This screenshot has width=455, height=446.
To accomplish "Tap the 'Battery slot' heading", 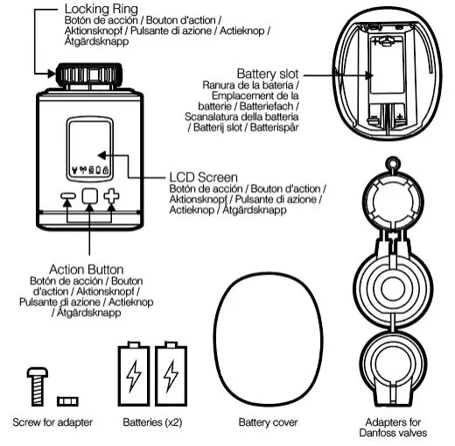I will [270, 73].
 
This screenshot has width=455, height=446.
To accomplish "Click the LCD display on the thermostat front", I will [90, 148].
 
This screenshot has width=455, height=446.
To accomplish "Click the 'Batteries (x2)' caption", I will [152, 422].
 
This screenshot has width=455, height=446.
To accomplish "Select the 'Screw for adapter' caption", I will [52, 422].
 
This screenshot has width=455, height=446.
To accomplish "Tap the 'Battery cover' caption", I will [268, 422].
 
